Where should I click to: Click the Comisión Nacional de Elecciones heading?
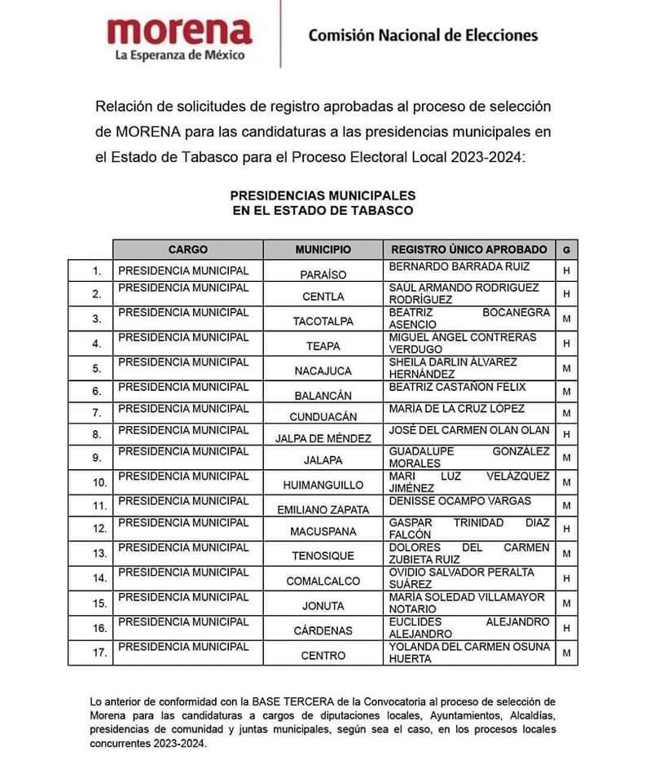pyautogui.click(x=423, y=35)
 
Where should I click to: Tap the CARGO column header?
pyautogui.click(x=187, y=249)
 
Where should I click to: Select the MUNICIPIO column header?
pyautogui.click(x=323, y=249)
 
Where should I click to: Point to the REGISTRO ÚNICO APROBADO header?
pyautogui.click(x=468, y=249)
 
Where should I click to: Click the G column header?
pyautogui.click(x=566, y=249)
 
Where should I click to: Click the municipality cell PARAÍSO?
pyautogui.click(x=323, y=275)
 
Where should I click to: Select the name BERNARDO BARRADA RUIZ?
pyautogui.click(x=459, y=266)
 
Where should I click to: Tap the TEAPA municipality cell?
pyautogui.click(x=323, y=346)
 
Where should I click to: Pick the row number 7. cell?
pyautogui.click(x=97, y=413)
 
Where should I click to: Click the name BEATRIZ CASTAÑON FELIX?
pyautogui.click(x=458, y=387)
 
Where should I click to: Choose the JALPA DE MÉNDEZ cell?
pyautogui.click(x=323, y=438)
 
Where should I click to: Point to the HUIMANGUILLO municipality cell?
pyautogui.click(x=323, y=485)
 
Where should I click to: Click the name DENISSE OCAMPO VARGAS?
pyautogui.click(x=460, y=500)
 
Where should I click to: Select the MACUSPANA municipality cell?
pyautogui.click(x=323, y=534)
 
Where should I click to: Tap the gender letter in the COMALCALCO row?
pyautogui.click(x=566, y=579)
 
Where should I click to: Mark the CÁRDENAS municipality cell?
pyautogui.click(x=323, y=630)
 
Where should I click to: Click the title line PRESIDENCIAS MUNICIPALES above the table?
pyautogui.click(x=323, y=195)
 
